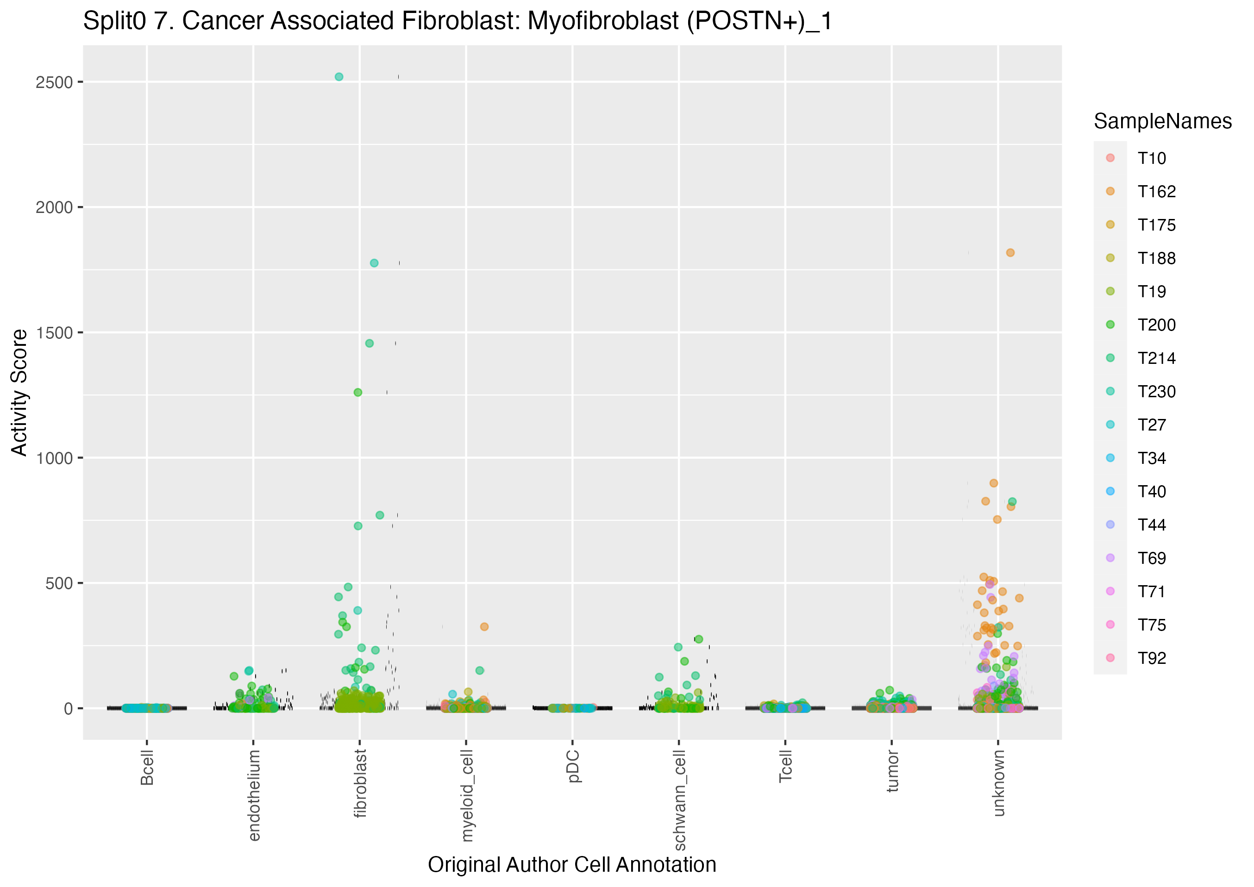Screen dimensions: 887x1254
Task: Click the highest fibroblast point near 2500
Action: point(339,77)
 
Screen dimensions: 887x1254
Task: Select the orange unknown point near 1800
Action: point(1010,253)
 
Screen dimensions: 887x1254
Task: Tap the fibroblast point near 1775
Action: point(374,263)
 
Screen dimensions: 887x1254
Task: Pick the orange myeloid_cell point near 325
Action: point(484,627)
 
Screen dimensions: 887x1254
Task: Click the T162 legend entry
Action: point(1156,192)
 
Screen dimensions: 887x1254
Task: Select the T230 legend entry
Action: point(1156,392)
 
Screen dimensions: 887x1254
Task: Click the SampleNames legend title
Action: point(1162,121)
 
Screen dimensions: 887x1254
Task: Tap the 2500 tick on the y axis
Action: point(54,82)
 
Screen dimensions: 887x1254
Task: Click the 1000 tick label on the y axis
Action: point(54,458)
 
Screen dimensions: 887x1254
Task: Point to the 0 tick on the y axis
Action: point(68,709)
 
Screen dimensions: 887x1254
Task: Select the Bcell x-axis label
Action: point(147,768)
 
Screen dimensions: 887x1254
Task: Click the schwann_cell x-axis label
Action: point(679,800)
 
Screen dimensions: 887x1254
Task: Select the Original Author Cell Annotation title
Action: point(572,865)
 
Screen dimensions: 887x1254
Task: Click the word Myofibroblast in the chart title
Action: point(603,21)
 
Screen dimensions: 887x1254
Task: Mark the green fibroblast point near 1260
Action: point(358,393)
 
